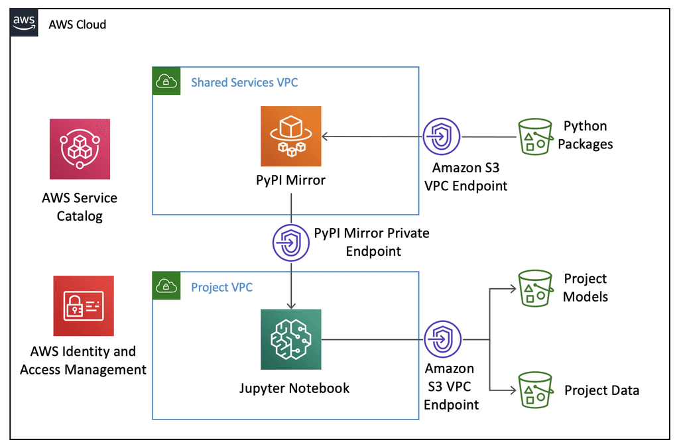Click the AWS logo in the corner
coord(25,24)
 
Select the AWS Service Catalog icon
coord(80,149)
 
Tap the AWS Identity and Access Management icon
coord(84,306)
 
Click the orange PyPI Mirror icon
coord(290,136)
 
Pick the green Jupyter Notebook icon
coord(290,340)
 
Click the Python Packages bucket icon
coord(534,137)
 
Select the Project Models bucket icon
coord(534,288)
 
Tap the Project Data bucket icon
coord(534,390)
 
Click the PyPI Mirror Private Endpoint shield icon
coord(291,243)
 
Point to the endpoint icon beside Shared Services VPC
coord(441,137)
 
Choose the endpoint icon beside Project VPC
coord(441,340)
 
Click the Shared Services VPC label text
coord(244,82)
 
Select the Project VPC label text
coord(221,287)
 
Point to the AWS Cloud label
coord(78,25)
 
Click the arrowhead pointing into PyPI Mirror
coord(325,137)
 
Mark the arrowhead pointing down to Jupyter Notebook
coord(291,305)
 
